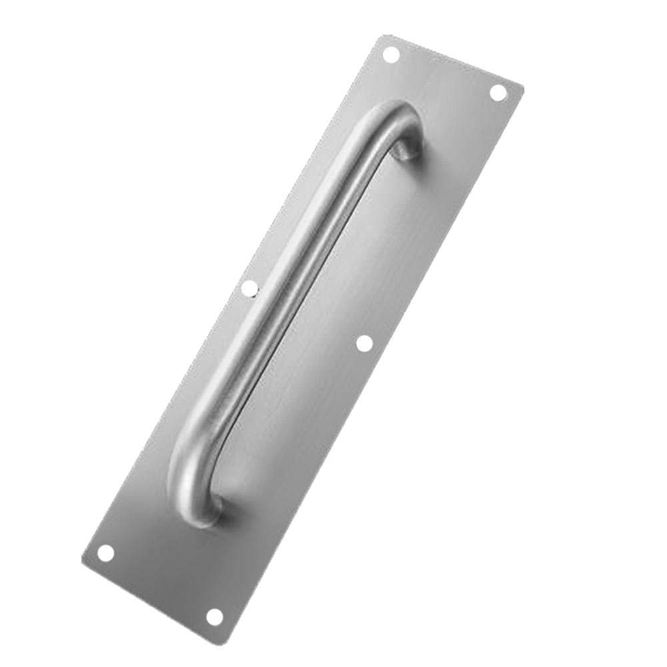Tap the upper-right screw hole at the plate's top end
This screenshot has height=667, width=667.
pyautogui.click(x=498, y=93)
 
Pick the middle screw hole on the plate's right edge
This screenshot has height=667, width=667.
pyautogui.click(x=364, y=342)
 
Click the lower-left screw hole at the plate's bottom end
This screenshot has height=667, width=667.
pyautogui.click(x=105, y=552)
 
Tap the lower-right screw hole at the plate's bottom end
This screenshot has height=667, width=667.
pyautogui.click(x=214, y=616)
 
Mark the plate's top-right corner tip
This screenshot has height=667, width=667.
pyautogui.click(x=523, y=87)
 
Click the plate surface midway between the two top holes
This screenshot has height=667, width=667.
pyautogui.click(x=445, y=73)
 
